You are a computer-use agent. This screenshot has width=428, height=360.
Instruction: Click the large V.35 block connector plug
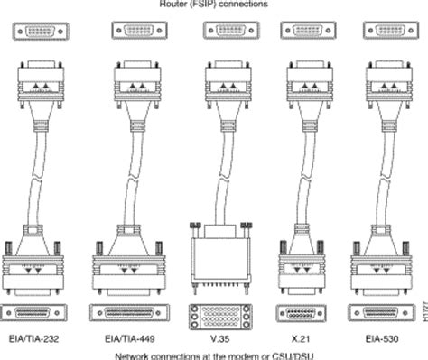[x=215, y=258]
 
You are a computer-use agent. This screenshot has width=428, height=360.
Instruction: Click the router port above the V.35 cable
[x=215, y=32]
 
